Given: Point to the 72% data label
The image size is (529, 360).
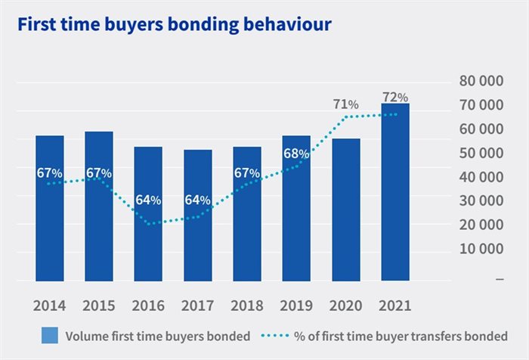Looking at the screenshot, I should click(x=395, y=97).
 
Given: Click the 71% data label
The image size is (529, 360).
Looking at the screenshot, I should click(x=345, y=104).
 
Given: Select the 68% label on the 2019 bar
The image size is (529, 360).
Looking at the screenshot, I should click(x=296, y=154).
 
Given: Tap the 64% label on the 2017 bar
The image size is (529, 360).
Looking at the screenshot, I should click(x=197, y=200).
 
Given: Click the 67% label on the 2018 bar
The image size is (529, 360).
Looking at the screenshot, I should click(x=247, y=173).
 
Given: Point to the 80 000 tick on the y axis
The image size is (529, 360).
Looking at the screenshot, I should click(x=481, y=81).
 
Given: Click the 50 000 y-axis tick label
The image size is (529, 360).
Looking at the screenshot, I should click(x=481, y=153).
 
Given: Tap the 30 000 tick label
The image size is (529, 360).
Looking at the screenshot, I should click(x=481, y=200).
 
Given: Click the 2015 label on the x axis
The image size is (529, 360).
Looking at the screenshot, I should click(x=99, y=306).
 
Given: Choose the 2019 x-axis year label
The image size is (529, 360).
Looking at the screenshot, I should click(x=296, y=306).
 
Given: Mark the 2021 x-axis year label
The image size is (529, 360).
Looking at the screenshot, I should click(x=395, y=306).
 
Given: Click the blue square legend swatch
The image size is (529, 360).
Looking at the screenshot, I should click(x=50, y=335).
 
